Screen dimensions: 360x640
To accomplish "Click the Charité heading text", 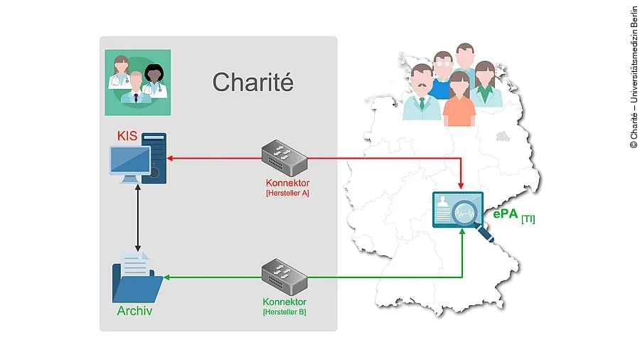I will (252, 83).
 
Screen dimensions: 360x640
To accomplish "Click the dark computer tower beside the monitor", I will (154, 158).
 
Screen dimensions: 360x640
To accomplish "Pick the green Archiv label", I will (134, 311).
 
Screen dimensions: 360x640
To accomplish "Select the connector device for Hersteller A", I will (284, 158).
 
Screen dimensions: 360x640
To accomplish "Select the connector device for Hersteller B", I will (284, 277).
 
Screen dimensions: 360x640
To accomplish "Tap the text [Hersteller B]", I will (284, 312).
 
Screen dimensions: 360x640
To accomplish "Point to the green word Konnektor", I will (284, 302).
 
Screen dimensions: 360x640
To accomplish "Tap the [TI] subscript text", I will (528, 219).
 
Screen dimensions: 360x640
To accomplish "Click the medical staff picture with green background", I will (138, 83).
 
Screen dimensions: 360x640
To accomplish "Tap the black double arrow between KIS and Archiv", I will (137, 215).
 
